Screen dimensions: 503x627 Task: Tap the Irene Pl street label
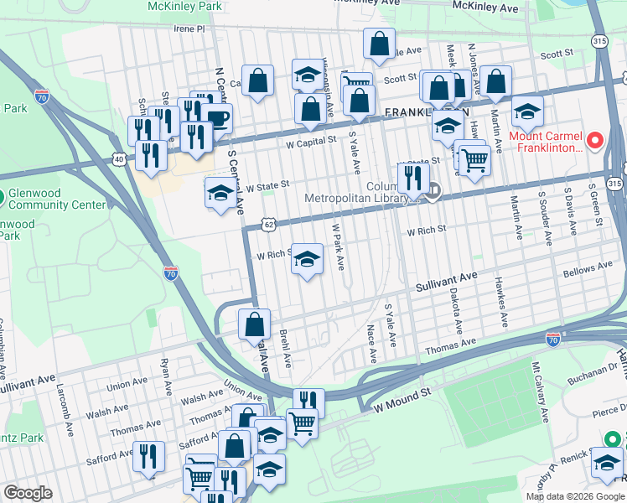189,29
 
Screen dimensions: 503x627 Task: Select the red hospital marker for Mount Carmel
595,139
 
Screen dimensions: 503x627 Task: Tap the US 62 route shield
267,225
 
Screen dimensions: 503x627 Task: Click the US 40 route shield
120,158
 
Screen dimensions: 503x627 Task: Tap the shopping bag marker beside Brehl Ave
254,324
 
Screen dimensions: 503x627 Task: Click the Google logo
28,493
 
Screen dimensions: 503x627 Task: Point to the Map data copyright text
574,496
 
